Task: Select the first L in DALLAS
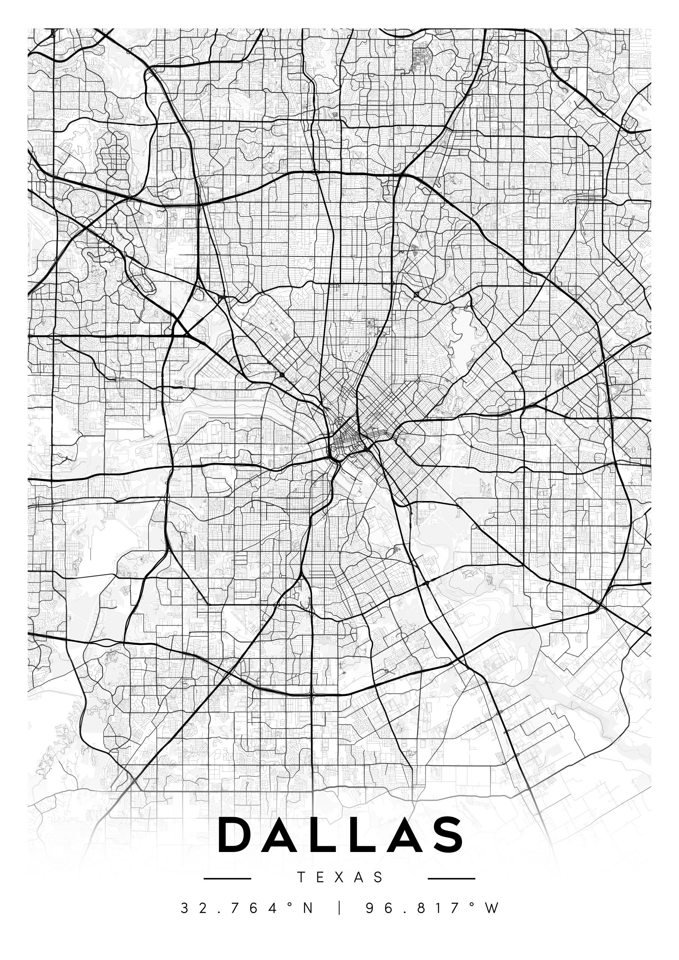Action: click(322, 835)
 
